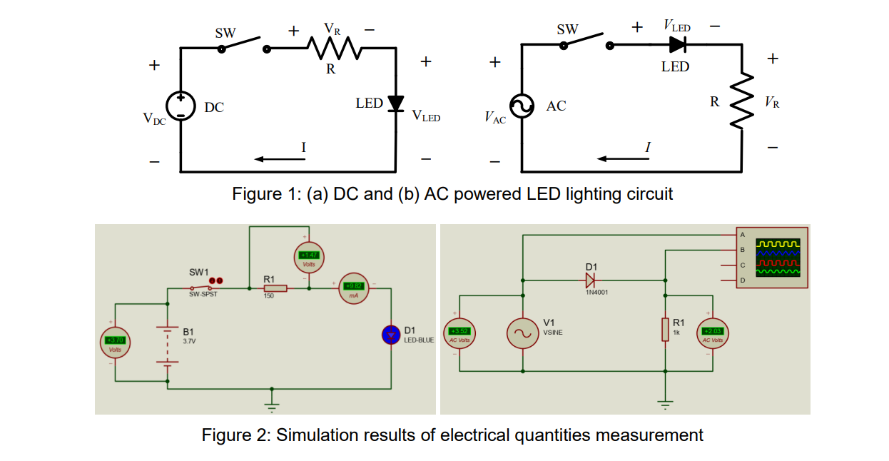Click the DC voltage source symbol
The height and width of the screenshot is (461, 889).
181,106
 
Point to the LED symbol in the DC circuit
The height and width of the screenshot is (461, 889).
396,103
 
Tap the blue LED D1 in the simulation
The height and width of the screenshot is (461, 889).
391,334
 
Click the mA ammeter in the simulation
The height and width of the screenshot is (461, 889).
354,288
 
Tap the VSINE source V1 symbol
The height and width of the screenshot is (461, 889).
523,333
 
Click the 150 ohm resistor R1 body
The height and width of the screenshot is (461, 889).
275,288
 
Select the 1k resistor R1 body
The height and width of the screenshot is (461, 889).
665,330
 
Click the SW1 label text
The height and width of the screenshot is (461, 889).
199,272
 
